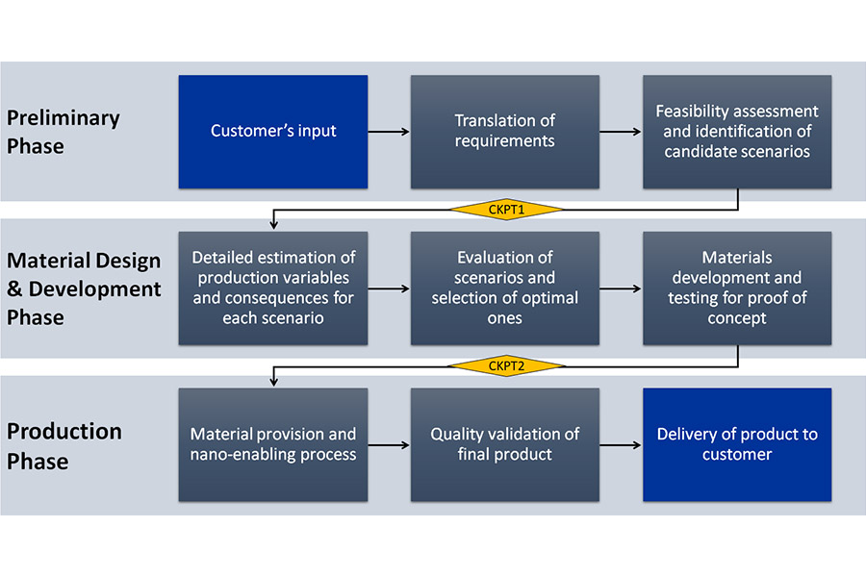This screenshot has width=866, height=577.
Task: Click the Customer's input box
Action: [x=273, y=132]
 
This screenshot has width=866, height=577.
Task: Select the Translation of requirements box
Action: [x=505, y=132]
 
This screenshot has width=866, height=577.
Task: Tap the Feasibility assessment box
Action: [x=737, y=132]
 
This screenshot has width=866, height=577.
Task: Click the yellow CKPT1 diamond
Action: [x=506, y=210]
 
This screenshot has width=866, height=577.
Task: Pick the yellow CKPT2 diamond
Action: [x=506, y=365]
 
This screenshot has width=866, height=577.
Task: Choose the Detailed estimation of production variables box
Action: [x=273, y=288]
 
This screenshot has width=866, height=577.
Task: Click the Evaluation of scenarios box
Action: [x=505, y=288]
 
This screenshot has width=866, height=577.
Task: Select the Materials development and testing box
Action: [x=737, y=288]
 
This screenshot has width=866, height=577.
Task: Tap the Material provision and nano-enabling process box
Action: [x=273, y=444]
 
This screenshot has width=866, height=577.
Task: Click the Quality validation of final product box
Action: [x=505, y=444]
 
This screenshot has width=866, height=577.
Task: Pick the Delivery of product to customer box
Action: [x=737, y=444]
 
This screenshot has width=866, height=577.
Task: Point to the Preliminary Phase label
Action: [x=63, y=132]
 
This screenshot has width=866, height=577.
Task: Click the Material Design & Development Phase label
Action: [x=84, y=288]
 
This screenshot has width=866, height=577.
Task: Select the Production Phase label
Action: [x=64, y=445]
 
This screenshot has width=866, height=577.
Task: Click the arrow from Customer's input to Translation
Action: [x=389, y=132]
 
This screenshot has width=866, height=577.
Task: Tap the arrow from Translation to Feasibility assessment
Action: [x=621, y=132]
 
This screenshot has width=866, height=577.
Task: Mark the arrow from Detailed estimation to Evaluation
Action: [x=389, y=288]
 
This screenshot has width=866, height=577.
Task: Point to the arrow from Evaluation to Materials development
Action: [x=621, y=288]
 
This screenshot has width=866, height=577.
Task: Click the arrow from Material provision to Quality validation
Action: [x=389, y=444]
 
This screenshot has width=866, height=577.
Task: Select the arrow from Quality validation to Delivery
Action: [x=621, y=444]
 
